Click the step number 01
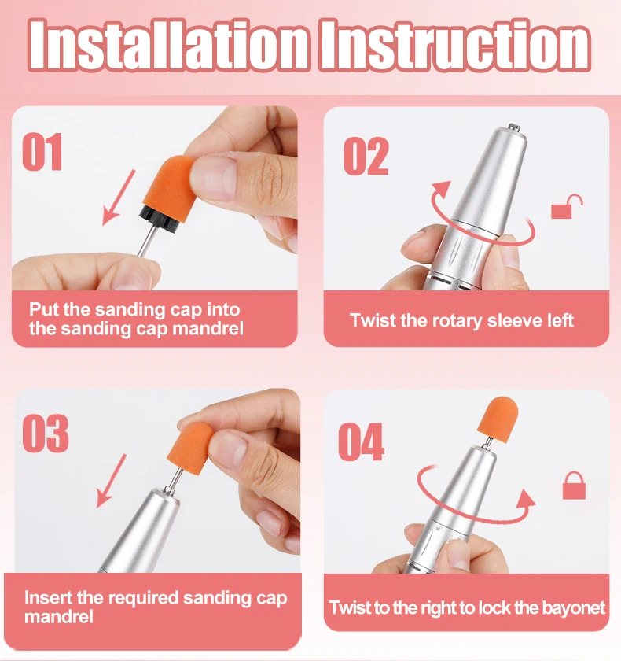(42, 152)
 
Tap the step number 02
(366, 156)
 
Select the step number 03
(46, 434)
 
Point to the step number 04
(362, 441)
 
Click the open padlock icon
(567, 206)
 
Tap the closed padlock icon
(575, 486)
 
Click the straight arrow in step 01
(119, 198)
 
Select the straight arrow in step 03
(112, 481)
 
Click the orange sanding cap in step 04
(498, 419)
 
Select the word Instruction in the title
(454, 45)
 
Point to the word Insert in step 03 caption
(49, 598)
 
